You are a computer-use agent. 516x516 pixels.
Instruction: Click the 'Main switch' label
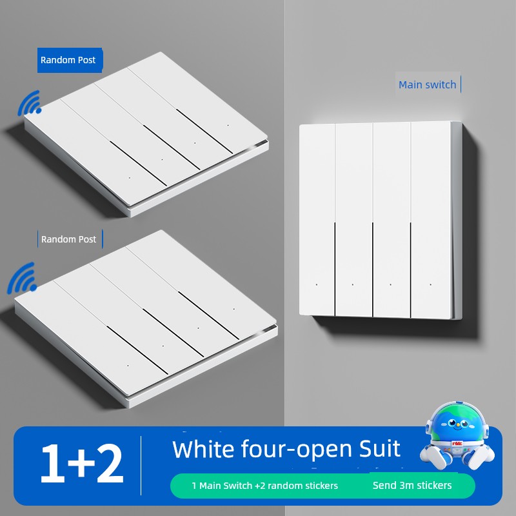pos(427,84)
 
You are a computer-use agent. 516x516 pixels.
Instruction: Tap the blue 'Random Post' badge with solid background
pos(70,60)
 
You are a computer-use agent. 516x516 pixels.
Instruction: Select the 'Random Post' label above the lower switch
pos(68,239)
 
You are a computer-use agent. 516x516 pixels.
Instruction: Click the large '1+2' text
pos(81,463)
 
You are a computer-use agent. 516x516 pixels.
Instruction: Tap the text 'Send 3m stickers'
pos(412,486)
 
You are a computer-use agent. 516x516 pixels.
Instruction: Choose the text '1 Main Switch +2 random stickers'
pos(265,486)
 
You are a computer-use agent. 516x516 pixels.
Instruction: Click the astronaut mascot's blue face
pos(457,424)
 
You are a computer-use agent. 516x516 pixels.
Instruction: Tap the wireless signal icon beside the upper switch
pos(30,103)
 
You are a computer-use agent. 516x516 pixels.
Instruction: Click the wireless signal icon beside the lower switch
pos(23,277)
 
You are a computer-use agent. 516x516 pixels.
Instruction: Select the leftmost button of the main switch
pos(317,219)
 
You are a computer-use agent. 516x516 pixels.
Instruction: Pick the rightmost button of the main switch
pos(431,220)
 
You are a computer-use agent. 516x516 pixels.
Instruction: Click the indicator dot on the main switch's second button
pos(352,284)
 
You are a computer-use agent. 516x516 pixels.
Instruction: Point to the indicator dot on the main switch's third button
pos(391,284)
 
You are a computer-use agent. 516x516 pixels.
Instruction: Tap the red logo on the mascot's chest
pos(457,444)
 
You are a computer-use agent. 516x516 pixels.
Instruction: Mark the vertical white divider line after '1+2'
pos(141,465)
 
